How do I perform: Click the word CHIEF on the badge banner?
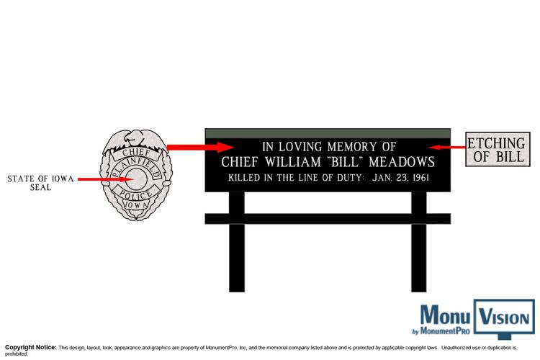tap(136, 153)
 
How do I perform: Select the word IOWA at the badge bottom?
tap(136, 204)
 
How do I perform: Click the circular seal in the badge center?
tap(137, 179)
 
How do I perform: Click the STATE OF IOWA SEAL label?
tap(40, 183)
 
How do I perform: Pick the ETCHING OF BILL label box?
tap(498, 149)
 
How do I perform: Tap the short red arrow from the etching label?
tap(447, 148)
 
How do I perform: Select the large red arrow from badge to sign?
tap(200, 147)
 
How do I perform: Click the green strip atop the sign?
tap(328, 133)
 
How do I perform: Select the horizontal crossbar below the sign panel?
tap(328, 219)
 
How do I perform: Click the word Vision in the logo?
tap(504, 318)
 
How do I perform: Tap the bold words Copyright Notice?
tap(31, 347)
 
